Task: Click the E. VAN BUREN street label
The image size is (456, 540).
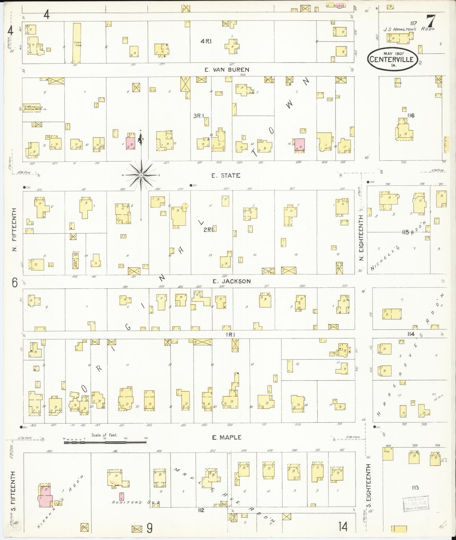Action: [x=227, y=70]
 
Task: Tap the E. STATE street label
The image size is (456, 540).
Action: [x=226, y=176]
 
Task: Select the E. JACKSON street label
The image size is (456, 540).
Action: [x=232, y=281]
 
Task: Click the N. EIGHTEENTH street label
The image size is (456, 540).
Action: [x=361, y=238]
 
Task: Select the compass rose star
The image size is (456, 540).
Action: [x=141, y=175]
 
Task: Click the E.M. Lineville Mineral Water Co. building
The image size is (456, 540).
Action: [x=31, y=108]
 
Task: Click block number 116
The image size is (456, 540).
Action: [x=411, y=115]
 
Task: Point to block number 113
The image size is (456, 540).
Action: [x=415, y=495]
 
